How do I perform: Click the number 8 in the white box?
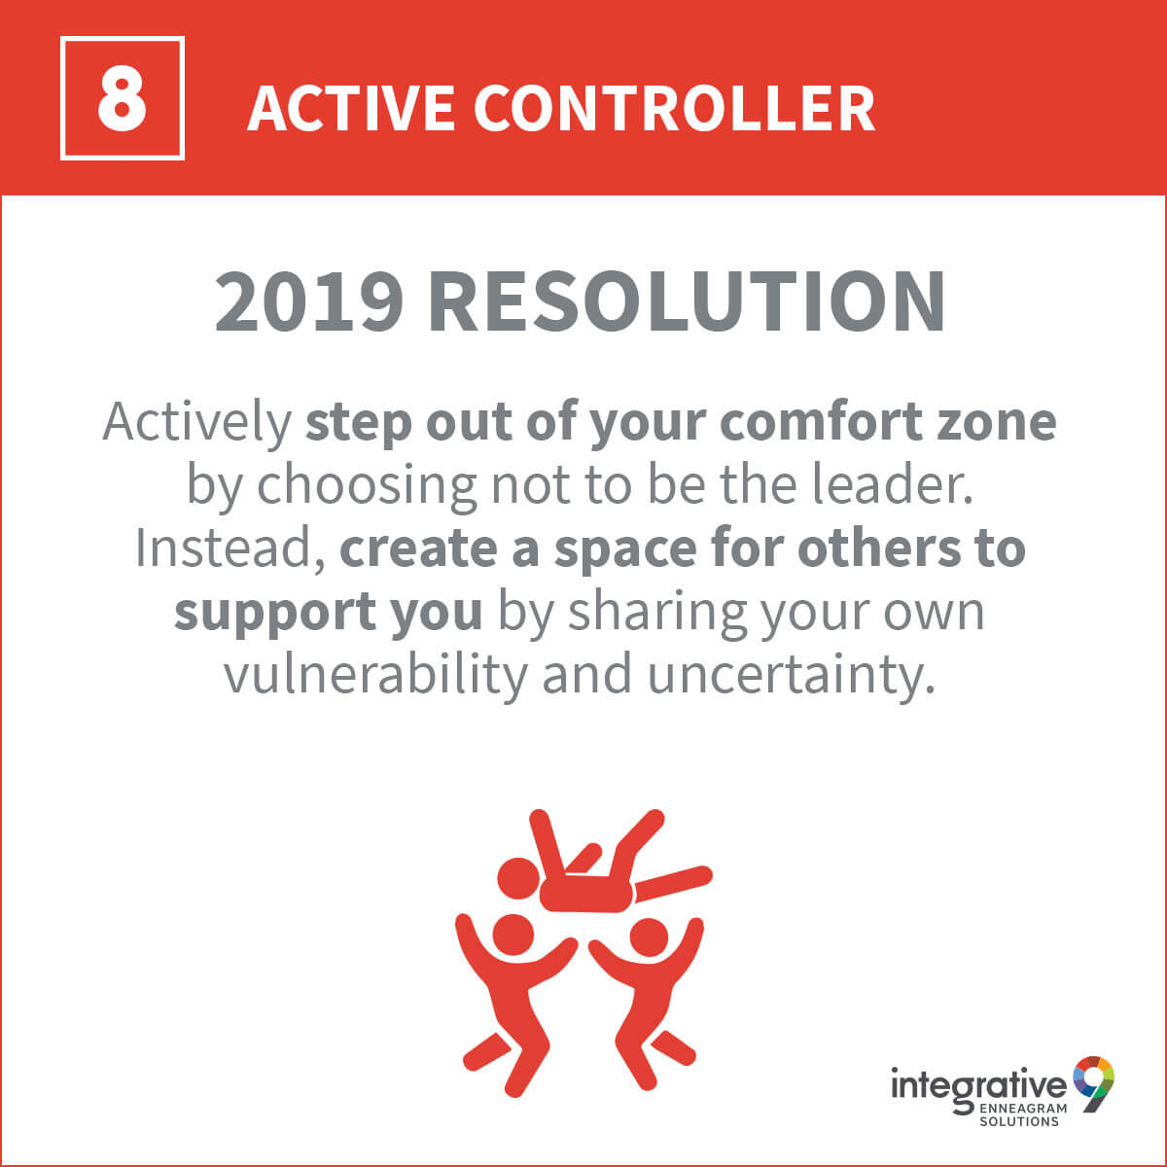point(122,98)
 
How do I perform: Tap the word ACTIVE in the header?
point(351,108)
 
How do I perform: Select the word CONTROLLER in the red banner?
point(674,108)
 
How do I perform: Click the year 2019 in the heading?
point(309,301)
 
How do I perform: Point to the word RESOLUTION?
point(687,301)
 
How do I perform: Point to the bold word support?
point(275,614)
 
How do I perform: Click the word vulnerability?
point(376,676)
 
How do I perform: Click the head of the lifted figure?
point(518,879)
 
